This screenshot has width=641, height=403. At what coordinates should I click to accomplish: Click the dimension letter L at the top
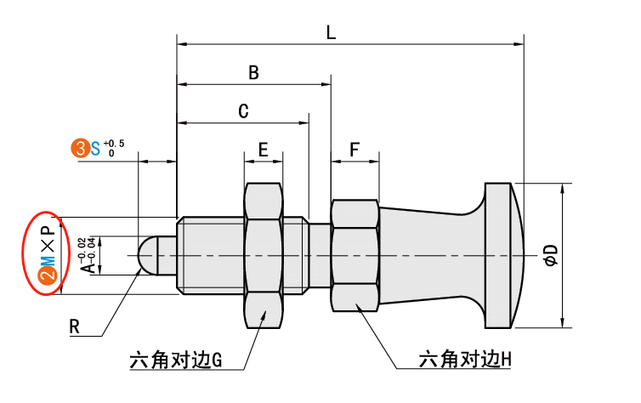[331, 32]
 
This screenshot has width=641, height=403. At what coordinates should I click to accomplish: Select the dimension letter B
[252, 73]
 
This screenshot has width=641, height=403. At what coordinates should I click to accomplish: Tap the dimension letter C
[242, 111]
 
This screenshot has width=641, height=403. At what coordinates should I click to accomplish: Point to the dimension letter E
[264, 150]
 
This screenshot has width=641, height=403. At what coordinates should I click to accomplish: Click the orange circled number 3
[80, 149]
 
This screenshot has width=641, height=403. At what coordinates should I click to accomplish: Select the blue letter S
[95, 149]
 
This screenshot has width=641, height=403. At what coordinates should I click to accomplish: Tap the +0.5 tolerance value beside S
[114, 142]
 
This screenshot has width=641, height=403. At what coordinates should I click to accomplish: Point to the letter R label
[75, 325]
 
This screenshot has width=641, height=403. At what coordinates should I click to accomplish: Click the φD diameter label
[550, 254]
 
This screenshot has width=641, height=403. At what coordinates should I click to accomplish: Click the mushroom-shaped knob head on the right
[510, 254]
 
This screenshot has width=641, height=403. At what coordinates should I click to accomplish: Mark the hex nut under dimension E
[264, 255]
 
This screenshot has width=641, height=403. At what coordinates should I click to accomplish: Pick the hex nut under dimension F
[355, 255]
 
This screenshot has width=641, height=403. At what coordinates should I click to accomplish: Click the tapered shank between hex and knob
[425, 254]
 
